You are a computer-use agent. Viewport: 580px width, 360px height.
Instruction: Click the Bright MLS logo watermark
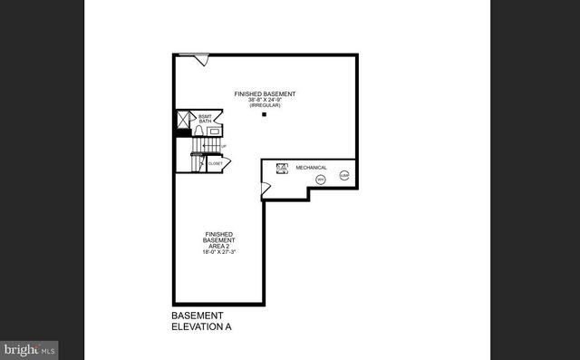[x=30, y=348]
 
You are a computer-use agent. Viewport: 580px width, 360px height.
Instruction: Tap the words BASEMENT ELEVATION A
[x=198, y=321]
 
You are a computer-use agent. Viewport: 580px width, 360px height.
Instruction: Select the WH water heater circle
[x=321, y=180]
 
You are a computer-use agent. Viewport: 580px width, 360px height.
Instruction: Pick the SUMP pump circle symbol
[x=344, y=176]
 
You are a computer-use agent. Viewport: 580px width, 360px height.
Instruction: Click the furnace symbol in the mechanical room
[x=281, y=168]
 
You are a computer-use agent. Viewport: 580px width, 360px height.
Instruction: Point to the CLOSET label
[x=215, y=163]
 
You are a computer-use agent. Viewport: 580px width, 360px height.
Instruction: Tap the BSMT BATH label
[x=205, y=119]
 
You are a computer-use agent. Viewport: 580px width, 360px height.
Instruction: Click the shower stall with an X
[x=184, y=119]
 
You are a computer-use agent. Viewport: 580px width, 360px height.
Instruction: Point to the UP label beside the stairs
[x=224, y=146]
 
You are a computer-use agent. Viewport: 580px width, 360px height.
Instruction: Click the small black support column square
[x=265, y=115]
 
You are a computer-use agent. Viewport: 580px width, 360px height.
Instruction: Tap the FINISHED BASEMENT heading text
[x=265, y=93]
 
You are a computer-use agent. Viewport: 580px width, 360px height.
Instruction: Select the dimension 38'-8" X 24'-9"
[x=265, y=100]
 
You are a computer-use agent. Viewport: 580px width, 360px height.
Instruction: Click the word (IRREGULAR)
[x=265, y=106]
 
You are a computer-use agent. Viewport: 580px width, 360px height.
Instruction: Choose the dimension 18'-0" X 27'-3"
[x=220, y=253]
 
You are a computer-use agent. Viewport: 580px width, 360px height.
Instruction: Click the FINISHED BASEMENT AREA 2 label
[x=220, y=240]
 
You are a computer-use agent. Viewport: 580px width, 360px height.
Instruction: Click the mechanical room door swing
[x=266, y=189]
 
